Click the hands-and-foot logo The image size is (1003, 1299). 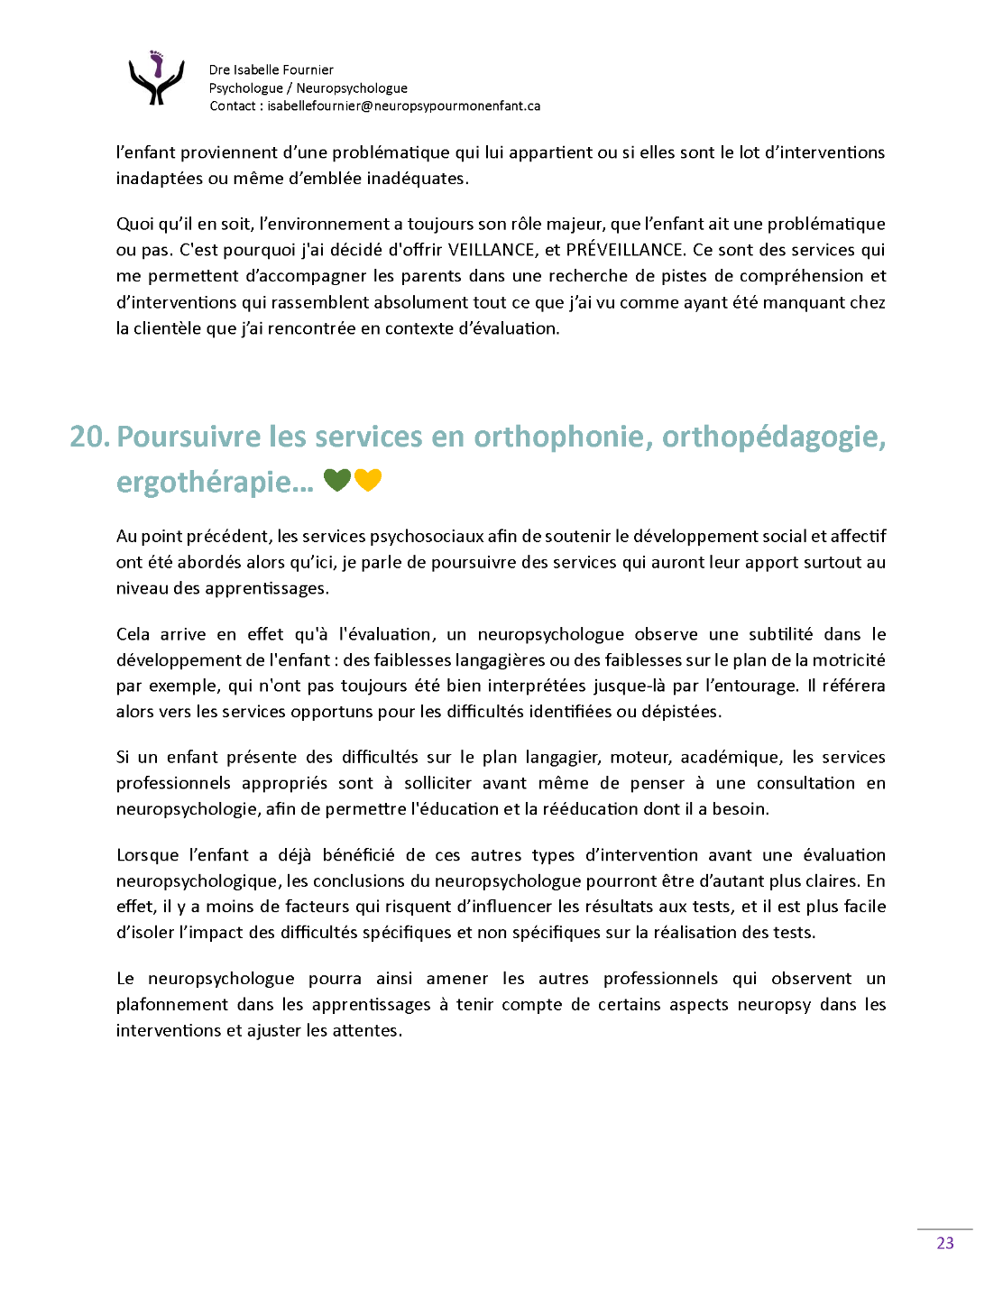[x=156, y=78]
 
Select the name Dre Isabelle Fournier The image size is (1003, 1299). [x=271, y=69]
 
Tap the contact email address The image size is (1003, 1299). [x=403, y=106]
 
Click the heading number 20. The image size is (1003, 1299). [x=89, y=437]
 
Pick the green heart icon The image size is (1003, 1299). [x=336, y=481]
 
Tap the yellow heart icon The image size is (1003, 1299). [x=368, y=481]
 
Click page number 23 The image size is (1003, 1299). [x=944, y=1243]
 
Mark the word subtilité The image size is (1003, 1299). [x=780, y=634]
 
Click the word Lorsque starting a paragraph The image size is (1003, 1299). [x=147, y=855]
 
